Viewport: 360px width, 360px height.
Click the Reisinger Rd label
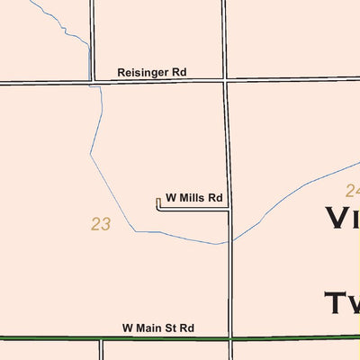tap(151, 71)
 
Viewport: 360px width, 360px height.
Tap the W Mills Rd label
tap(193, 197)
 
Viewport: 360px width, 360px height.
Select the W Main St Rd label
tap(158, 329)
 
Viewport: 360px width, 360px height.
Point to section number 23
tap(101, 224)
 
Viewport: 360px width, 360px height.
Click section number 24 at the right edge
tap(352, 190)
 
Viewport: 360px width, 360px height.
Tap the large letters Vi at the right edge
tap(342, 219)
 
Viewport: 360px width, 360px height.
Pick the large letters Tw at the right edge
tap(342, 304)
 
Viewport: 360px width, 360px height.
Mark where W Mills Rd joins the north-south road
tap(229, 210)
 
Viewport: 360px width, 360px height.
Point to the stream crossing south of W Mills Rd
tap(230, 241)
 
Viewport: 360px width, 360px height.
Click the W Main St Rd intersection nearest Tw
tap(231, 338)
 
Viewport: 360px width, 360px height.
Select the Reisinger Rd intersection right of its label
tap(225, 80)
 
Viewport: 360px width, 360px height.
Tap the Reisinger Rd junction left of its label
tap(92, 82)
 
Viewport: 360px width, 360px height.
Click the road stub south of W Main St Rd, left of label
tap(101, 349)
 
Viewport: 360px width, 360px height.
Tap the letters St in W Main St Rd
tap(172, 329)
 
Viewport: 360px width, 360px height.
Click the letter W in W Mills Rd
tap(170, 197)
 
